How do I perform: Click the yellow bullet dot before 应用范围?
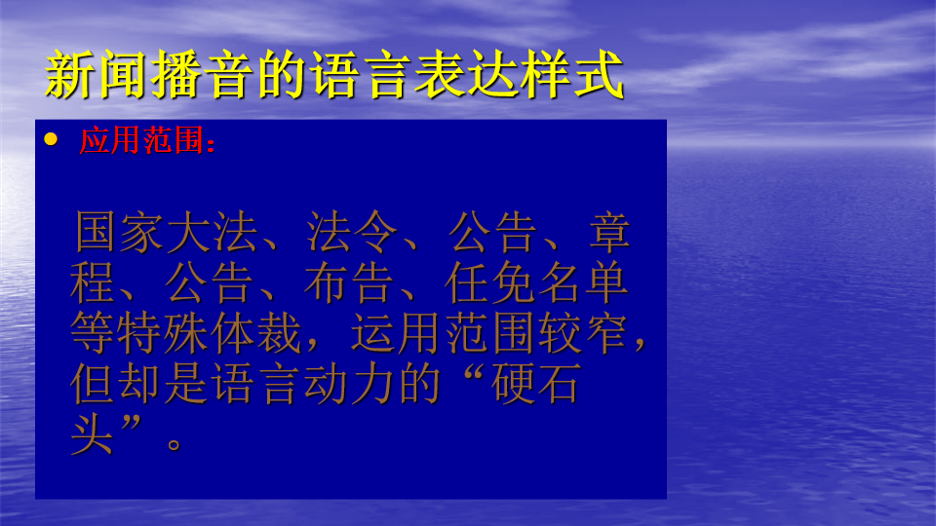[51, 139]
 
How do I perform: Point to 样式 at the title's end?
[572, 75]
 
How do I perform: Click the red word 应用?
[110, 140]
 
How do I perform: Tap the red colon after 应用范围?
[211, 144]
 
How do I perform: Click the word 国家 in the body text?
[119, 232]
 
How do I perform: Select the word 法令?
[352, 232]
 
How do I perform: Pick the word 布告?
[350, 282]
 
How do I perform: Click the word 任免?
[490, 282]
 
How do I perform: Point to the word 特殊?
[164, 333]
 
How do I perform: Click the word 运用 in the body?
[397, 333]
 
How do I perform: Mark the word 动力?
[350, 384]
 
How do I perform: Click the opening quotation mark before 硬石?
[473, 377]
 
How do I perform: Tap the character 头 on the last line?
[92, 434]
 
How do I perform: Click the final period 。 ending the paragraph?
[175, 445]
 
